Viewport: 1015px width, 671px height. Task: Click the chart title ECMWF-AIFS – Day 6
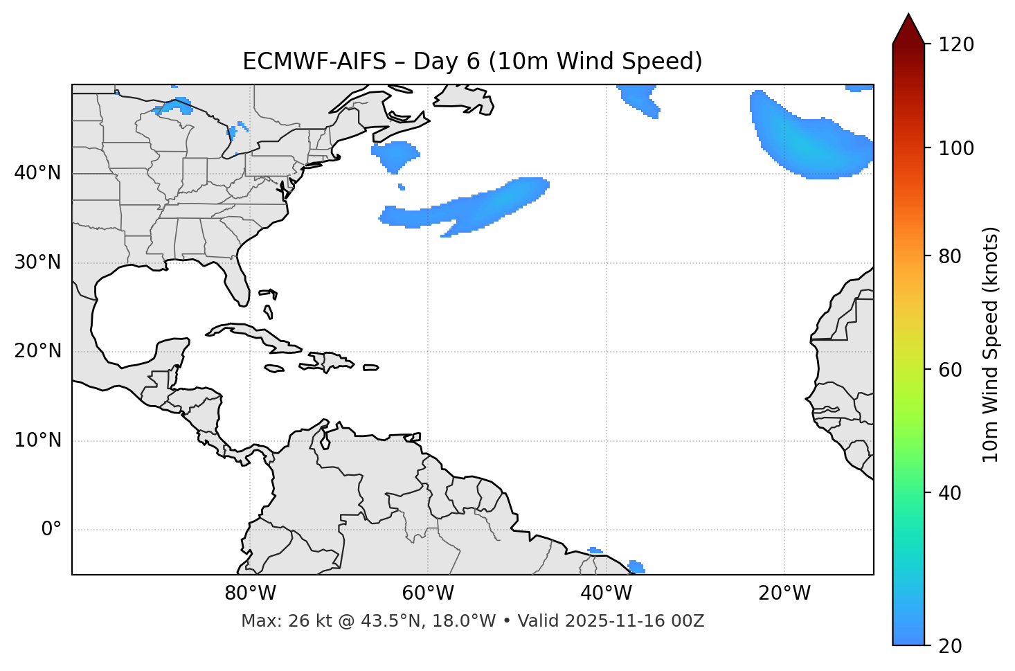coord(472,62)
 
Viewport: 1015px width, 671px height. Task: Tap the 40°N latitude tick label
coord(37,173)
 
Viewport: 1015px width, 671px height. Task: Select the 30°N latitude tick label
coord(37,262)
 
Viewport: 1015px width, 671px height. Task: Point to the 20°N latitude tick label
coord(37,351)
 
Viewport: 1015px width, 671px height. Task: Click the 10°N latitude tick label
coord(37,440)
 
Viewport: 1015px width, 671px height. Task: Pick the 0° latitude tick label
coord(51,530)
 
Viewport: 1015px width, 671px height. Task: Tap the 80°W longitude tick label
coord(250,593)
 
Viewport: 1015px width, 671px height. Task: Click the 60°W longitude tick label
coord(428,593)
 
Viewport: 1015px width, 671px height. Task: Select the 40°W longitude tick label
coord(606,593)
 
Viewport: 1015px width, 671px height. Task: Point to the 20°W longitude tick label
coord(784,593)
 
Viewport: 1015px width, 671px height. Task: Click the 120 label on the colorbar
coord(956,45)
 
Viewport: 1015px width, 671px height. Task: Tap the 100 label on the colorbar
coord(956,148)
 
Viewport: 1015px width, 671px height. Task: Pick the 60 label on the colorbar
coord(951,370)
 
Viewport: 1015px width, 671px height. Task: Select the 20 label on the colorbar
coord(951,646)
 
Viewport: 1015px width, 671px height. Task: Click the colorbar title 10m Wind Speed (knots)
coord(991,344)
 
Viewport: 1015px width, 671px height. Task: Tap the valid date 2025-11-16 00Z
coord(634,621)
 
